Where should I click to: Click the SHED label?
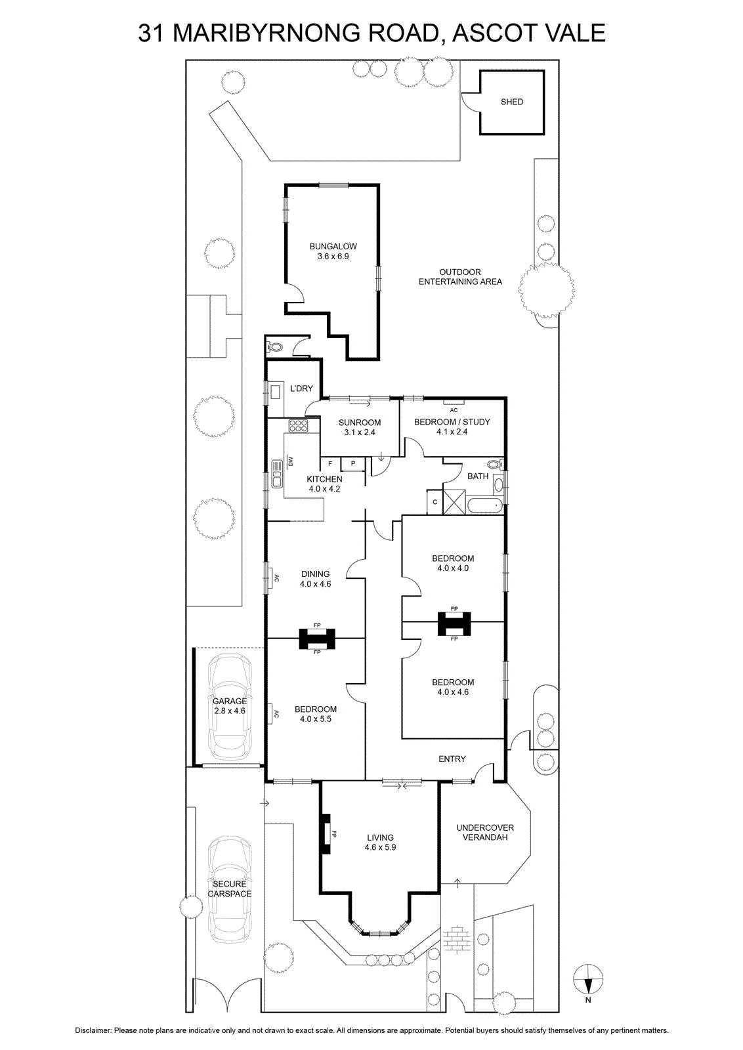[x=511, y=102]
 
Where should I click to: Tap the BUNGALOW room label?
[x=333, y=246]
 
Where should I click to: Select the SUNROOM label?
[x=360, y=423]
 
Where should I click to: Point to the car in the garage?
[x=230, y=706]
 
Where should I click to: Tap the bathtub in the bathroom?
[x=485, y=506]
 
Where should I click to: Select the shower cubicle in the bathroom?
[x=454, y=501]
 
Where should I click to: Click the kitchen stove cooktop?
[x=298, y=426]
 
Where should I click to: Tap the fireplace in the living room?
[x=326, y=834]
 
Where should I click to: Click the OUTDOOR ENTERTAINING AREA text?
[x=460, y=277]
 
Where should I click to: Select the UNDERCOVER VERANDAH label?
[x=484, y=833]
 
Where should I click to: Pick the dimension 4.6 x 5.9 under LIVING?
[x=380, y=847]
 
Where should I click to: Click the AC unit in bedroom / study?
[x=454, y=402]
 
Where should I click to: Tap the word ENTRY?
[x=452, y=759]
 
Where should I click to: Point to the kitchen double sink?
[x=276, y=473]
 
